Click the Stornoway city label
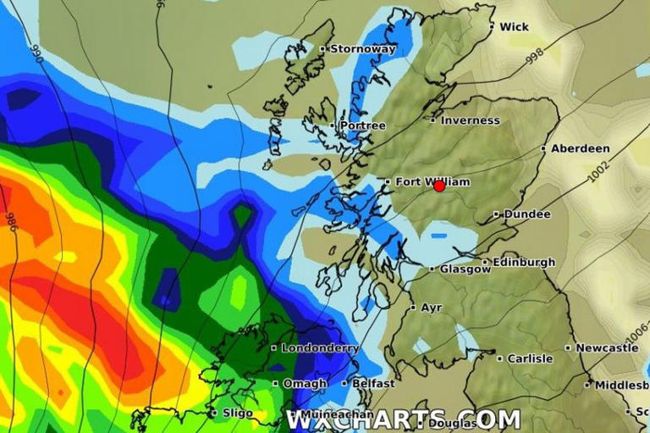tap(362, 49)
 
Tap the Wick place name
tap(514, 27)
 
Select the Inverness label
tap(470, 120)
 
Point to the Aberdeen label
tap(580, 148)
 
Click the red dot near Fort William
tap(439, 186)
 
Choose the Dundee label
tap(526, 214)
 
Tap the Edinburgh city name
tap(523, 262)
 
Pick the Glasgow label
tap(465, 269)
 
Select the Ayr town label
tap(431, 308)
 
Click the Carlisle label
tap(529, 358)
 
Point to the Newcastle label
tap(607, 347)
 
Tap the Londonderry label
tap(320, 347)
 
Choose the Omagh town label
tap(305, 384)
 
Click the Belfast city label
tap(373, 384)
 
